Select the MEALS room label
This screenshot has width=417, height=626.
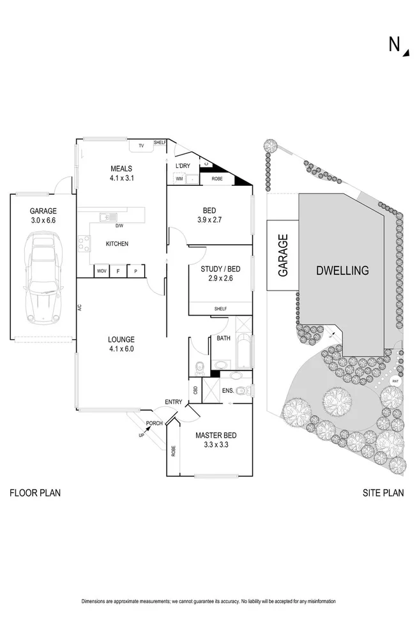[x=120, y=169]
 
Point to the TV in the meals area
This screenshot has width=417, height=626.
[x=141, y=146]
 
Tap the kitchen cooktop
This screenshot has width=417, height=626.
[x=84, y=243]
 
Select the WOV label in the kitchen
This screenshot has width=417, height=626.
[x=101, y=271]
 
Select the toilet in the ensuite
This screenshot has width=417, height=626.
[x=241, y=391]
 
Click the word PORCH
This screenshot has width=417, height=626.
[x=154, y=424]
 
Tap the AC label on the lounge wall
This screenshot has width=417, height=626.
[x=80, y=307]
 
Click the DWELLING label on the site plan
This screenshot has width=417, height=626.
[x=342, y=270]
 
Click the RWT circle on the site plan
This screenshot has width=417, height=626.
[x=395, y=381]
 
